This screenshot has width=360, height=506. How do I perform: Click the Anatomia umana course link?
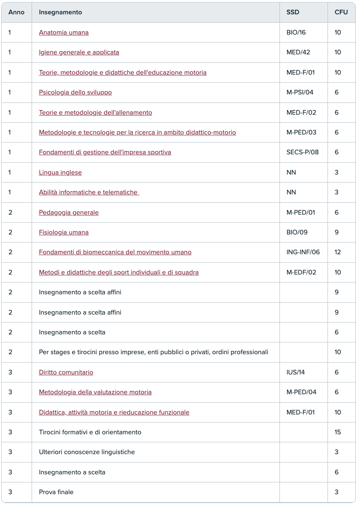click(x=64, y=32)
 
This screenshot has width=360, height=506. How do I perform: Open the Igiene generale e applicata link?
click(x=79, y=52)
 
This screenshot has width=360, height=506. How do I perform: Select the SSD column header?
click(x=293, y=12)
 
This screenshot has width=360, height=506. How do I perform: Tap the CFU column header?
click(x=341, y=12)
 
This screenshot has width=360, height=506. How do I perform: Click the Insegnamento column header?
click(x=60, y=12)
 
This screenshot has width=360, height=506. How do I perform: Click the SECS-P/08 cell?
click(x=302, y=152)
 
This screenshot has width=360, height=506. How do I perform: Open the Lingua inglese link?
click(x=60, y=172)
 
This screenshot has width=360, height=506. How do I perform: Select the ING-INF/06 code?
click(x=303, y=252)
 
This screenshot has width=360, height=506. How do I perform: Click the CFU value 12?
click(x=338, y=252)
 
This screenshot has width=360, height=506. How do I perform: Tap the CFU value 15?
click(x=338, y=432)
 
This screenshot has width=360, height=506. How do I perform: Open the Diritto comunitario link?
click(x=66, y=372)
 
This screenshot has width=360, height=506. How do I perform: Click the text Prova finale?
click(x=56, y=492)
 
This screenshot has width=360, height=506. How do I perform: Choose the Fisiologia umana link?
click(x=64, y=232)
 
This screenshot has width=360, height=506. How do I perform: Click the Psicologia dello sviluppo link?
click(x=75, y=92)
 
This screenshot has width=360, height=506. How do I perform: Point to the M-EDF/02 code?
click(x=301, y=272)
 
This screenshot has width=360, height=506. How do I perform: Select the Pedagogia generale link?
click(x=69, y=213)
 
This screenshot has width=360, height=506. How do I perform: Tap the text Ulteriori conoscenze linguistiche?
click(x=87, y=452)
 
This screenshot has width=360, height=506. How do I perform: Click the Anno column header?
click(x=16, y=12)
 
